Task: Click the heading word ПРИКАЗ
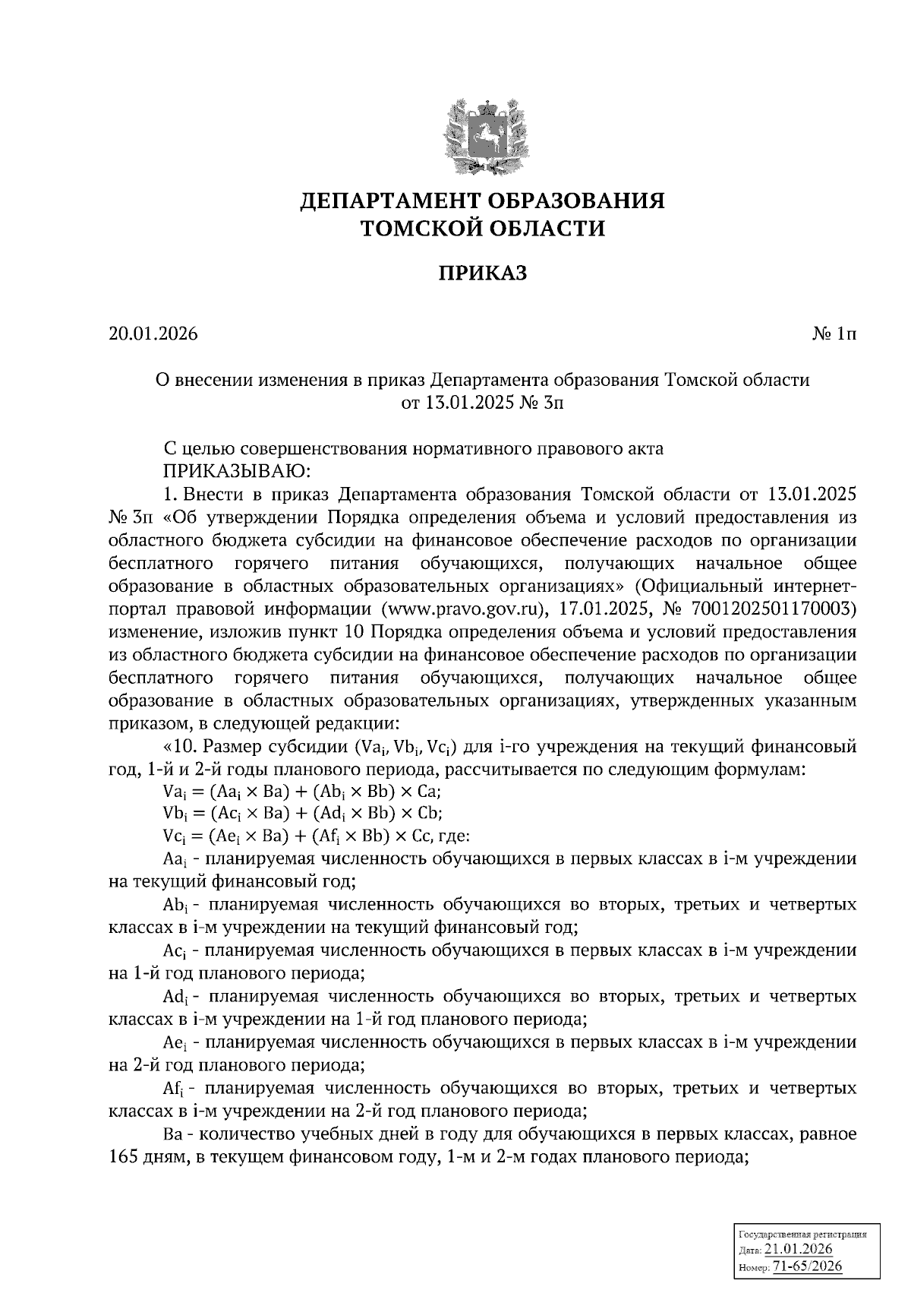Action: tap(482, 273)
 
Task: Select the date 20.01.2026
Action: tap(153, 334)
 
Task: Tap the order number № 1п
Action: tap(833, 334)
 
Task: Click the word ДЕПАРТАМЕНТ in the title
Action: tap(389, 201)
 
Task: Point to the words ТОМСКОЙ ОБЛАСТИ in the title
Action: tap(482, 228)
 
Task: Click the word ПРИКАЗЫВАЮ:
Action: tap(233, 471)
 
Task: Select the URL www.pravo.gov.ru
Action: tap(465, 609)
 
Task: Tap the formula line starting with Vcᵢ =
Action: tap(317, 836)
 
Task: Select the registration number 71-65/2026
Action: tap(807, 1266)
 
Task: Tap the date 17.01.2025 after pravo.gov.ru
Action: tap(604, 609)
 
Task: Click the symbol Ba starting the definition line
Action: tap(172, 1136)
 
